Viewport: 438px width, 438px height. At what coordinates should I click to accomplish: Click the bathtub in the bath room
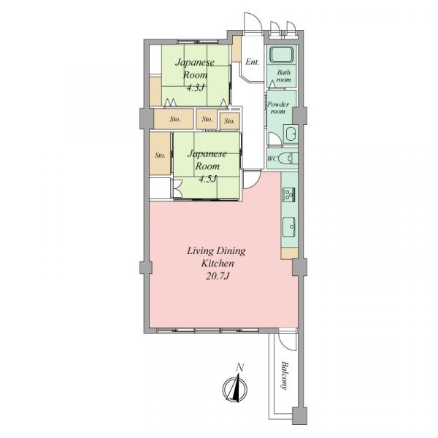coord(281,55)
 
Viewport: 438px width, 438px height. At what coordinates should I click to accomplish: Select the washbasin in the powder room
coord(291,134)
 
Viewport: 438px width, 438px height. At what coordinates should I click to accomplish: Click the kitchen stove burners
coord(288,194)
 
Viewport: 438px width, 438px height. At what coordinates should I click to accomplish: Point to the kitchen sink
coord(289,226)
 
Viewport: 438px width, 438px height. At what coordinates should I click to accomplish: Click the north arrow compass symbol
coord(235,388)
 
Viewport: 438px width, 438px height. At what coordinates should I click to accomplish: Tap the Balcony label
coord(285,375)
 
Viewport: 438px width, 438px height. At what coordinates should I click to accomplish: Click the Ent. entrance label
coord(253,62)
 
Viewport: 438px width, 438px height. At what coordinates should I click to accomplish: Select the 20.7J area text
coord(218,276)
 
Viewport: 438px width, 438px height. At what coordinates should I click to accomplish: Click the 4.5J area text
coord(207,179)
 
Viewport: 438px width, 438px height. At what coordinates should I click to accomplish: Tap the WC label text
coord(272,159)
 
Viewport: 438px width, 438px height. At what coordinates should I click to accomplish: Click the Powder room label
coord(278,108)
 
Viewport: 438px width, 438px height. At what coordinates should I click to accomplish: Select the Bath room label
coord(284,76)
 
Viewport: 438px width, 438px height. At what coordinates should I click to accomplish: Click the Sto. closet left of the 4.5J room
coord(160,154)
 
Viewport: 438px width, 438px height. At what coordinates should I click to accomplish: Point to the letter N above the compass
coord(240,367)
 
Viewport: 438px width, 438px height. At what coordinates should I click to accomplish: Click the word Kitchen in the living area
coord(218,263)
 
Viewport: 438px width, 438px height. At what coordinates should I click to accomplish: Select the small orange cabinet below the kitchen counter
coord(290,253)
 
